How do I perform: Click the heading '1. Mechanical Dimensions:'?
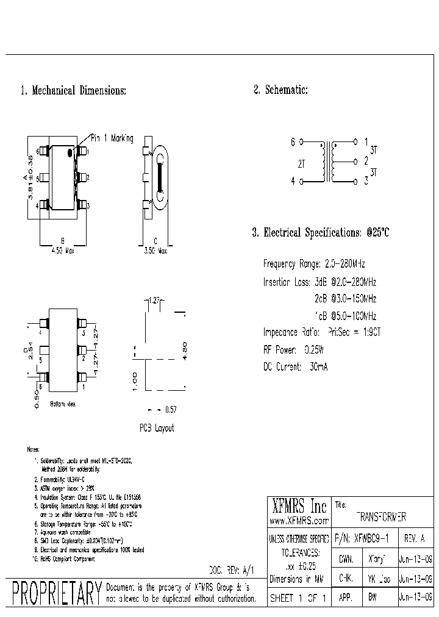tap(73, 91)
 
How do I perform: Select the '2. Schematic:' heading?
tap(280, 90)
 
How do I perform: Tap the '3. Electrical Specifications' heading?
tap(320, 232)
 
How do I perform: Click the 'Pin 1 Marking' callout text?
tap(112, 138)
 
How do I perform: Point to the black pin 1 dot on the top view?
tap(70, 151)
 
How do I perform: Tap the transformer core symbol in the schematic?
tap(332, 163)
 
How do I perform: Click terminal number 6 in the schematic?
tap(293, 142)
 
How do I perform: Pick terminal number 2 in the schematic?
tap(366, 162)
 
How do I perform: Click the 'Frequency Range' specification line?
tap(314, 264)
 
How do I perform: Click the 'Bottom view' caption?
tap(62, 404)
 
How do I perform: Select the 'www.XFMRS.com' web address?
tap(299, 521)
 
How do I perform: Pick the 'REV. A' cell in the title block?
tap(415, 538)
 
